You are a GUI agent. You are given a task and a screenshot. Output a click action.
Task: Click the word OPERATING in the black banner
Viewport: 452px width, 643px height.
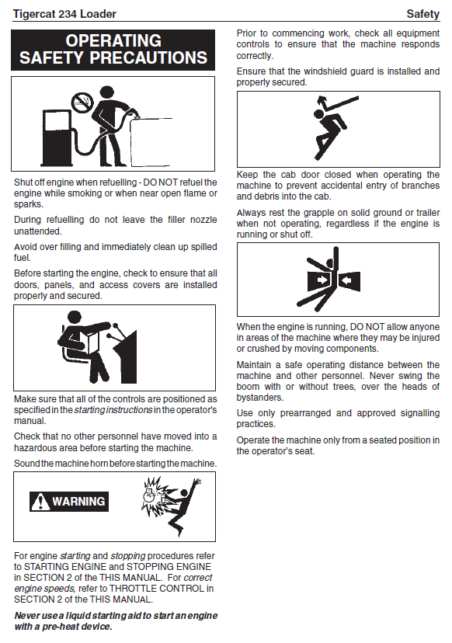(x=113, y=40)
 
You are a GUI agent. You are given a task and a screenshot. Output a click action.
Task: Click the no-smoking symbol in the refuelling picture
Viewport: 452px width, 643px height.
(x=82, y=101)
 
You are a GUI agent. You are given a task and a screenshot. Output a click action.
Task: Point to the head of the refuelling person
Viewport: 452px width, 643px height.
(x=106, y=92)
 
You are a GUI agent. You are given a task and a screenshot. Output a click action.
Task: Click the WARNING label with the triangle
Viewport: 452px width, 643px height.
(x=69, y=502)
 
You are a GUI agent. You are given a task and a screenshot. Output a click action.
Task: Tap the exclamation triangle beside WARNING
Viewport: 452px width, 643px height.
(x=40, y=502)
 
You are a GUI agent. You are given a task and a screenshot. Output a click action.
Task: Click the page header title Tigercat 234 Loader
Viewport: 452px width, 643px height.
(x=64, y=14)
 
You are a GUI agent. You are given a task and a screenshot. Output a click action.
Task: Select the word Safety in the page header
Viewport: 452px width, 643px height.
(x=423, y=14)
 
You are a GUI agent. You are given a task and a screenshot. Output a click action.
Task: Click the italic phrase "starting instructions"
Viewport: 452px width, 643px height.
(x=113, y=410)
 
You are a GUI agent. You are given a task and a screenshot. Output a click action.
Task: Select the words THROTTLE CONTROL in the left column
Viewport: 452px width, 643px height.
(x=156, y=589)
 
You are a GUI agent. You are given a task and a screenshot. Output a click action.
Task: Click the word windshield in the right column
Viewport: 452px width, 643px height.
(x=323, y=71)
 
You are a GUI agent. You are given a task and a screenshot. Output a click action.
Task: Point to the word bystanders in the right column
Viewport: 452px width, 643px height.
(x=259, y=398)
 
